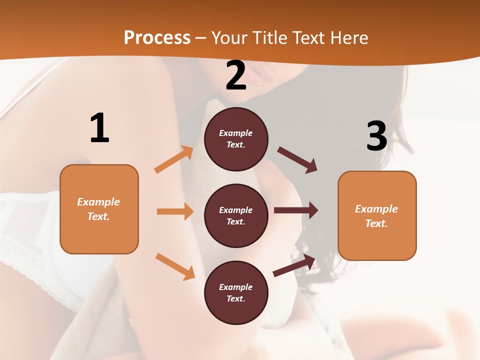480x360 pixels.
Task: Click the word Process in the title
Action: click(x=157, y=38)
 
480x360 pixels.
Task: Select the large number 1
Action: click(x=99, y=128)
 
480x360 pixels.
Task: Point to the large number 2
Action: click(x=236, y=75)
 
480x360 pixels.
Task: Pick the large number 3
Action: click(x=376, y=136)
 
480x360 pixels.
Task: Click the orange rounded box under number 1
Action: click(x=99, y=209)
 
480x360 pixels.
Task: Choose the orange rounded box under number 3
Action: click(x=377, y=215)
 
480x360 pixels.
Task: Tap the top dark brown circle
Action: click(x=236, y=139)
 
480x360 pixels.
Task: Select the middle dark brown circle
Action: click(x=236, y=215)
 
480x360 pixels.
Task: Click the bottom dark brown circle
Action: click(x=236, y=292)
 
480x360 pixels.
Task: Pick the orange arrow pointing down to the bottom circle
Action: click(x=175, y=266)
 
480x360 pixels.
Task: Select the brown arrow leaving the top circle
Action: click(x=297, y=160)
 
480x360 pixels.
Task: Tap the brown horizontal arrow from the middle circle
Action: click(x=296, y=210)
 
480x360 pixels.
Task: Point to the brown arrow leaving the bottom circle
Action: click(x=294, y=265)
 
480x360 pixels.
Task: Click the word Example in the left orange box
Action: click(x=98, y=202)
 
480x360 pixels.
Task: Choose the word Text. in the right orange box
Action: click(x=376, y=223)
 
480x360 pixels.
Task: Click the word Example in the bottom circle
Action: click(x=236, y=287)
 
